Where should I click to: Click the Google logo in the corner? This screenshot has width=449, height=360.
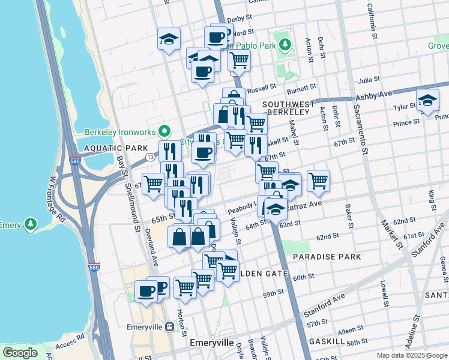tap(20, 353)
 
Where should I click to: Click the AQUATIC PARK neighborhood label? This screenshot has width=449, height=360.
tap(107, 148)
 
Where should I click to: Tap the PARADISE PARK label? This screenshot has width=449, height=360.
tap(327, 257)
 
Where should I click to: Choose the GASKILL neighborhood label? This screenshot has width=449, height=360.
tap(326, 341)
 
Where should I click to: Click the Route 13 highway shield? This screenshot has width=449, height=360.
tap(149, 158)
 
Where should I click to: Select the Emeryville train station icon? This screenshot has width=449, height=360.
tap(170, 326)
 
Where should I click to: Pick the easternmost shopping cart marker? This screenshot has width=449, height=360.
tap(318, 179)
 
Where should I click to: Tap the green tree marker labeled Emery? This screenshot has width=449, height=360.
tap(31, 224)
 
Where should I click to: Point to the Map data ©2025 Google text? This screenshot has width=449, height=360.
tap(411, 355)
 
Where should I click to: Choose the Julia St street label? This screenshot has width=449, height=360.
tap(369, 79)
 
